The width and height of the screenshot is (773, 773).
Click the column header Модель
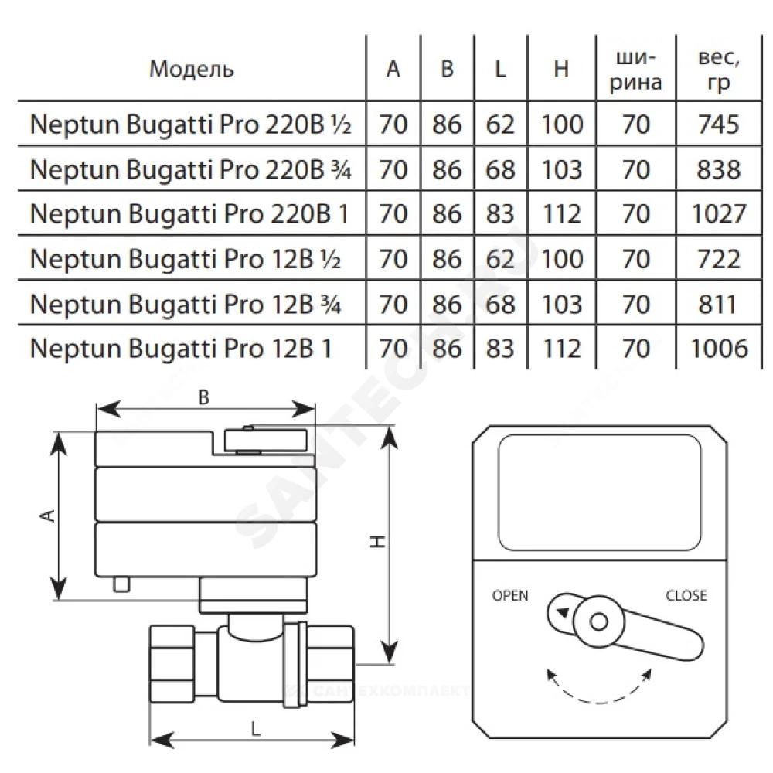[191, 70]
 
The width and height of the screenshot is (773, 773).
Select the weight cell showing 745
[717, 124]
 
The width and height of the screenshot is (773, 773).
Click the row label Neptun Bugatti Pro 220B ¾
[190, 169]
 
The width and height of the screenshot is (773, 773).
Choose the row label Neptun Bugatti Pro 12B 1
[181, 348]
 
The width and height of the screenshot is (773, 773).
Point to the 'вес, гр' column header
[718, 69]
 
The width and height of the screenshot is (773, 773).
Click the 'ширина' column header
[636, 69]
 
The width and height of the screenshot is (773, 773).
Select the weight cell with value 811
[717, 303]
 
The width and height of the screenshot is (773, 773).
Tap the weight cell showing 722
[717, 258]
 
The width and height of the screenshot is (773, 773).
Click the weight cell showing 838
[717, 169]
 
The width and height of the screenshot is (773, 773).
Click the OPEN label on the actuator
[510, 595]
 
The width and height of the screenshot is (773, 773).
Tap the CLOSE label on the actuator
[686, 595]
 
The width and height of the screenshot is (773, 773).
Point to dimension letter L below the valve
[256, 727]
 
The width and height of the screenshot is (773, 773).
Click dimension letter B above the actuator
[204, 397]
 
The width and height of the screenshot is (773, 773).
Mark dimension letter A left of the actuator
[48, 516]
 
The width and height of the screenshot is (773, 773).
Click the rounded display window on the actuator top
[599, 491]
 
